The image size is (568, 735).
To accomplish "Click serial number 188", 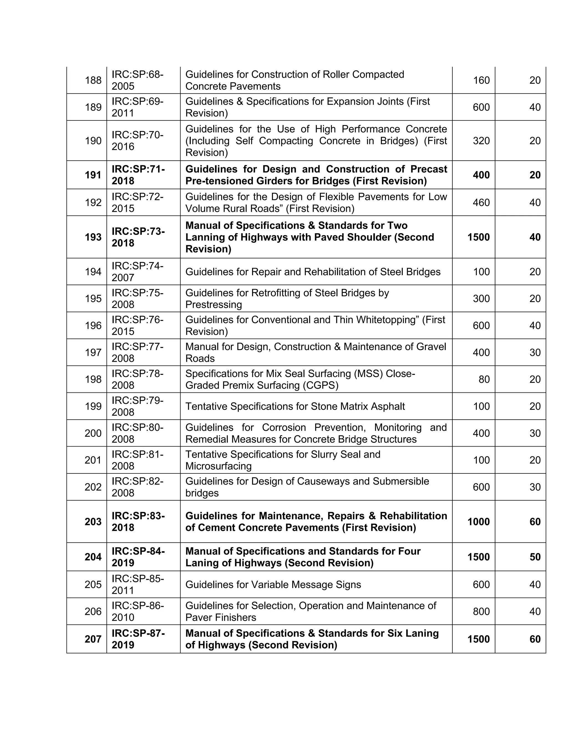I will click(x=93, y=80).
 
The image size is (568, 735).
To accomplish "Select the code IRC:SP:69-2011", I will click(x=138, y=107).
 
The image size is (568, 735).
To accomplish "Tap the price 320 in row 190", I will click(x=481, y=141).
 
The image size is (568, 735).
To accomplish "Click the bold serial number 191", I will click(x=93, y=175).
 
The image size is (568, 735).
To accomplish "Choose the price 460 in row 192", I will click(x=481, y=202).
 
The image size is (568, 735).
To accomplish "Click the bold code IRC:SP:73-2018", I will click(x=138, y=237).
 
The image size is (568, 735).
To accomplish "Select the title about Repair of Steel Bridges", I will click(x=313, y=272).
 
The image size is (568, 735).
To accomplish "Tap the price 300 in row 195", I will click(x=481, y=298).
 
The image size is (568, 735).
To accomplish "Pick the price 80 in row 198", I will click(x=484, y=379).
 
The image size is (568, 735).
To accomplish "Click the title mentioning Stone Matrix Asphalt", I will click(x=295, y=406).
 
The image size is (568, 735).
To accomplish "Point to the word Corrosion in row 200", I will click(x=284, y=427).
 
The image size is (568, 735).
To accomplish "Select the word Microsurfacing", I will click(x=218, y=466).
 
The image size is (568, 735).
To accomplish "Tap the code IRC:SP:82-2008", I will click(x=138, y=487).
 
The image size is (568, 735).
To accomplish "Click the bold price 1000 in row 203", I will click(x=478, y=522).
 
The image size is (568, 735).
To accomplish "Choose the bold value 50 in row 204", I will click(x=535, y=557).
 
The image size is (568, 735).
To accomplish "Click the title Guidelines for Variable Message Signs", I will click(x=273, y=585).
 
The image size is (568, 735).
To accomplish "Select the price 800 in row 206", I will click(x=481, y=612).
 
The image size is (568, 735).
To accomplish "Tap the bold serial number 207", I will click(x=93, y=639).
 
